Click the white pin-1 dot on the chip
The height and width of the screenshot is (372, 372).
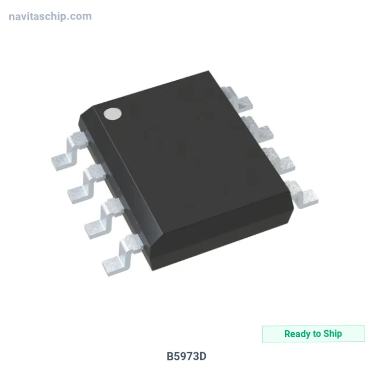(112, 113)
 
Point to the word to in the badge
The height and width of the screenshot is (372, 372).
(317, 334)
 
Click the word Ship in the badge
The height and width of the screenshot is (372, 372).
(332, 334)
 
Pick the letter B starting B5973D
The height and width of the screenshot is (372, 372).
(170, 356)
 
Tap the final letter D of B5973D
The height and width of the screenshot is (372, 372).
(202, 356)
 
